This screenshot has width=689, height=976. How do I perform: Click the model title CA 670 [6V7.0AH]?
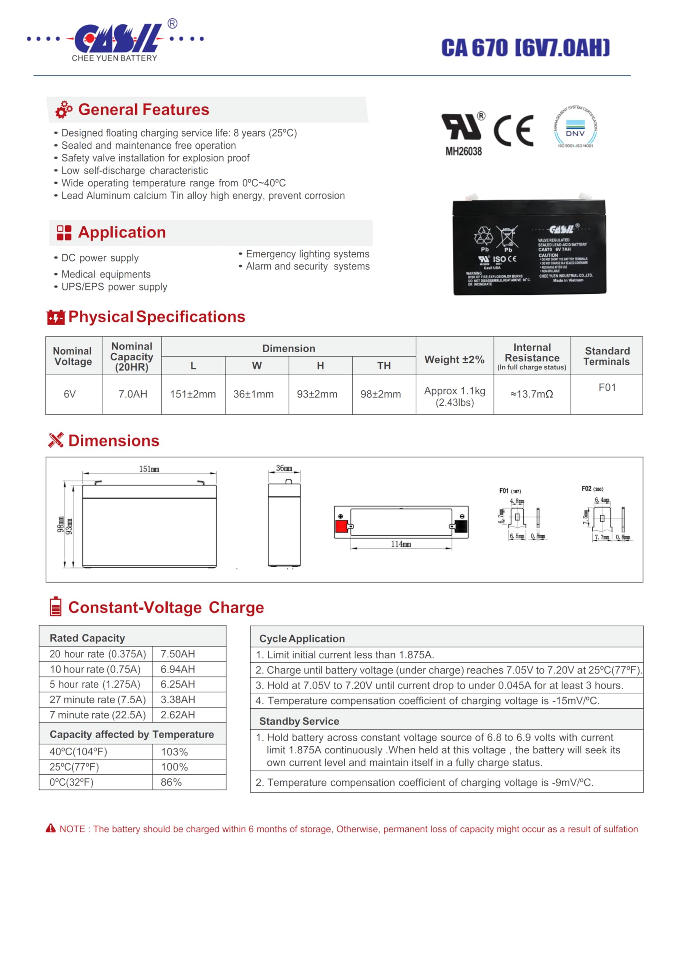(525, 48)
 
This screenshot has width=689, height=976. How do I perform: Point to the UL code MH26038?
(464, 151)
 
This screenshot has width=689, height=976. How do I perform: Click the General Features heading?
(144, 110)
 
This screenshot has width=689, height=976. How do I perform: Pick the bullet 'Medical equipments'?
(106, 274)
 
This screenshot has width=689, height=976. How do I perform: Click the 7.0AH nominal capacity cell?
(133, 394)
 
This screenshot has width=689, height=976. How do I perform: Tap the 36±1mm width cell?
(254, 394)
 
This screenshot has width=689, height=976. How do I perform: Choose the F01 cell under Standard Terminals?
(607, 387)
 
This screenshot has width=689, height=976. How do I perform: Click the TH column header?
(384, 366)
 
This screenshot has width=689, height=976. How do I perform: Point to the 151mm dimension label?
(149, 469)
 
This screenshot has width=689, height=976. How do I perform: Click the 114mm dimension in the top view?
(401, 544)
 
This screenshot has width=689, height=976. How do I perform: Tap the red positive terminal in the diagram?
(342, 526)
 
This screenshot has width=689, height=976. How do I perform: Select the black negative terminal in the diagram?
(461, 526)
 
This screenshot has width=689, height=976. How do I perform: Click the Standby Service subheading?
(299, 721)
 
